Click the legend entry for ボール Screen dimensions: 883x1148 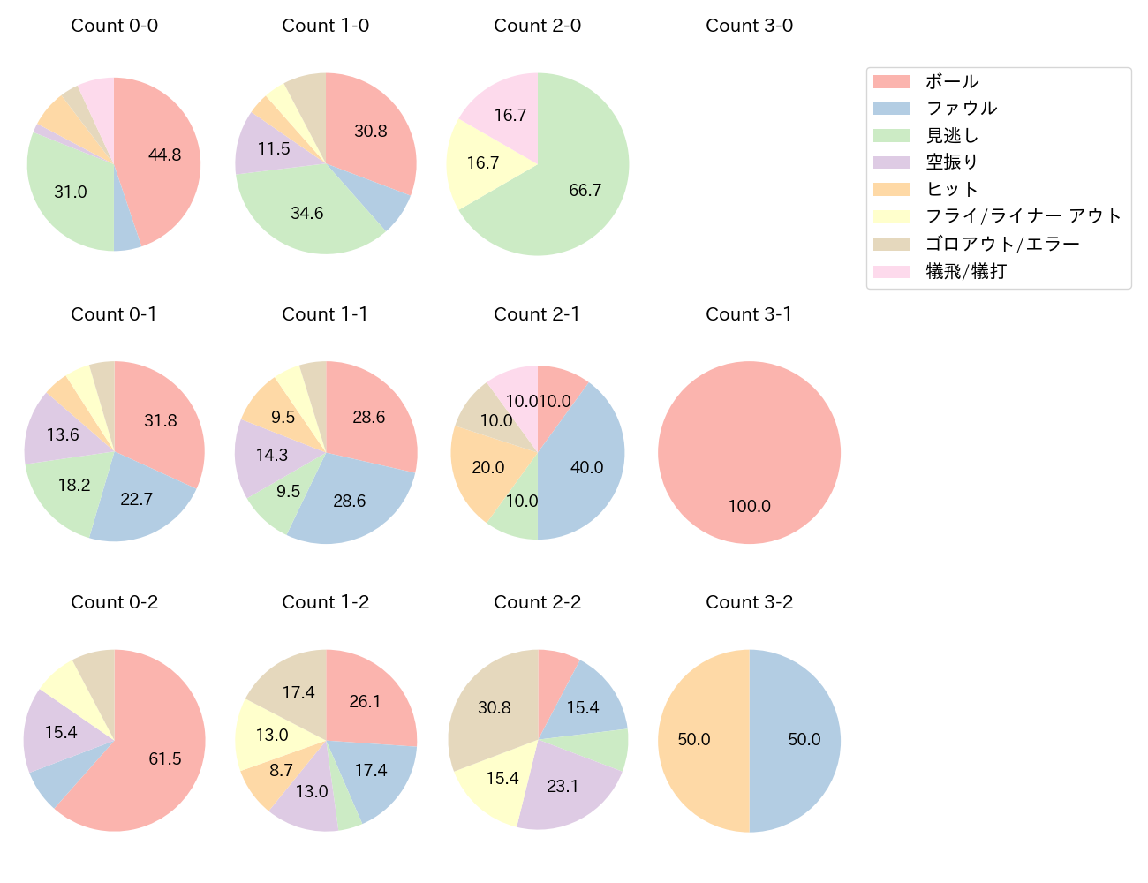coord(951,81)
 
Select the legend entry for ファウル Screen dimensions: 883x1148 coord(961,108)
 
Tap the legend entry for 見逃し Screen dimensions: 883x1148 coord(951,135)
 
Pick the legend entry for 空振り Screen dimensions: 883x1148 coord(951,162)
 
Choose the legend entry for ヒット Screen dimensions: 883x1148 coord(951,189)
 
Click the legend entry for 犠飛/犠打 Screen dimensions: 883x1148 coord(965,271)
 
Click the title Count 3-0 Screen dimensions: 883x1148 coord(749,26)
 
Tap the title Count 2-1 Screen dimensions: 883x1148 coord(537,314)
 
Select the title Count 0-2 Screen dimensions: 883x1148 coord(114,602)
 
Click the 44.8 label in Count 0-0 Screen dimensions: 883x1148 coord(165,155)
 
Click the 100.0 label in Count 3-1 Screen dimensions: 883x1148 coord(749,506)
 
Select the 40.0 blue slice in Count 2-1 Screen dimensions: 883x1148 coord(583,464)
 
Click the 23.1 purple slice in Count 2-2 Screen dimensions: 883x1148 coord(565,781)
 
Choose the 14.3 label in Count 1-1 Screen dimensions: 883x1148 coord(272,455)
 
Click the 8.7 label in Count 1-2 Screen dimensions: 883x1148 coord(281,770)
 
